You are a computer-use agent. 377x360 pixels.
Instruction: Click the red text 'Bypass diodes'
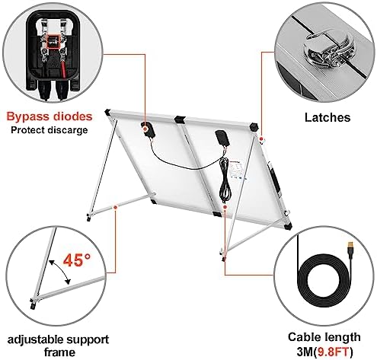(50, 116)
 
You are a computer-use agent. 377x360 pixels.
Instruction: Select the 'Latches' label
(327, 117)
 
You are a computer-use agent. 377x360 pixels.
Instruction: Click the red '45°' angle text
(76, 260)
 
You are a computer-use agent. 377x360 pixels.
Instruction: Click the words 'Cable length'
(324, 337)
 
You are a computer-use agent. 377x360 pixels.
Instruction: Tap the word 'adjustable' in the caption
(35, 339)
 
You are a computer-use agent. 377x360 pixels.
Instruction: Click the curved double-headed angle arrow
(60, 271)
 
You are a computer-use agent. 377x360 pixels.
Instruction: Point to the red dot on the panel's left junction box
(145, 129)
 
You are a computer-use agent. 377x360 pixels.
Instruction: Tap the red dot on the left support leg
(115, 207)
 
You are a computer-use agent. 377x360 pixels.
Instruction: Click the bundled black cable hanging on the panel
(225, 180)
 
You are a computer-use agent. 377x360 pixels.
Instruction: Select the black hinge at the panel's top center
(180, 120)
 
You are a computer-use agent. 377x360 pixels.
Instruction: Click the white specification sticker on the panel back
(238, 170)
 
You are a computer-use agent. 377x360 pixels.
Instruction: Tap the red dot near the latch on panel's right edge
(261, 139)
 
